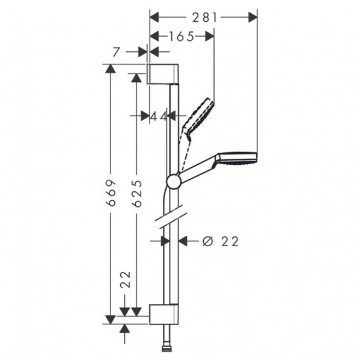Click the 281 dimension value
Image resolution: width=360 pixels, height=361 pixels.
coord(203,18)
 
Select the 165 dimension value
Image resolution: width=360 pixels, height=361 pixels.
coord(181,37)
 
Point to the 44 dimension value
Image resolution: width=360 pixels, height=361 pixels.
coord(159,116)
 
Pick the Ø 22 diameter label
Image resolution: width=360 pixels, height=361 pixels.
coord(221,241)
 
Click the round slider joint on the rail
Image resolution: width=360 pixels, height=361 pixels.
coord(173,180)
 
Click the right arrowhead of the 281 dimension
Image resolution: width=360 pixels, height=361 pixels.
coord(252,18)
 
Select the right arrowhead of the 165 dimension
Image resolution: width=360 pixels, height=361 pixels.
coord(209,37)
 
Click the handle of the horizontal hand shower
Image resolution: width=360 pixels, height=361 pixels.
coord(198,170)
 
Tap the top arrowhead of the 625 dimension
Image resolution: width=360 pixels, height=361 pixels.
coord(138,78)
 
